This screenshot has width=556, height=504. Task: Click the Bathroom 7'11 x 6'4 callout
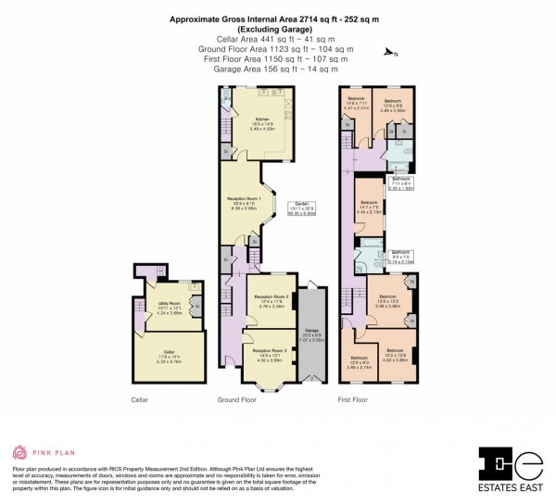pos(400,182)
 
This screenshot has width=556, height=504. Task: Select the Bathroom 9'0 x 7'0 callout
pos(400,257)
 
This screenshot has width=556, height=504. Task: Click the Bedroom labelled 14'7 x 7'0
pos(369,207)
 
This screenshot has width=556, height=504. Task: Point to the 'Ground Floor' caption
pos(236,400)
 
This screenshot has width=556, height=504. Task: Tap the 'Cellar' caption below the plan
pos(139,400)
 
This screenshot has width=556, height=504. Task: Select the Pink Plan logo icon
pos(19,454)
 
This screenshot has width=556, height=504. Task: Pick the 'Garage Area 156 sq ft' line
pos(277,67)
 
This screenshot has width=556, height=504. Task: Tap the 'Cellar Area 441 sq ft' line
pos(277,41)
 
